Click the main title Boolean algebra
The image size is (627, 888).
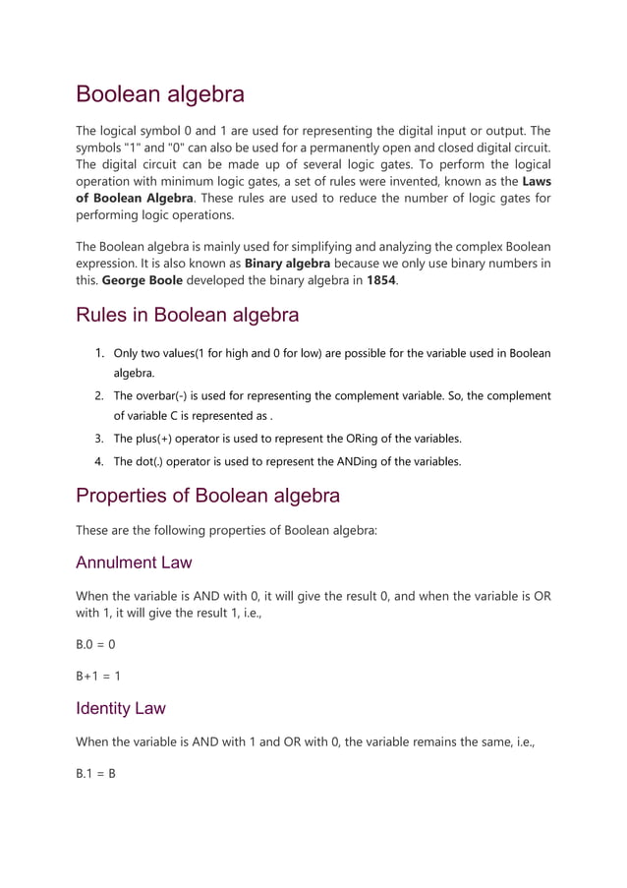click(x=160, y=95)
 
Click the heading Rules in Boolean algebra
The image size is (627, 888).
click(x=187, y=316)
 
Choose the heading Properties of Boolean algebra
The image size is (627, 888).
click(x=207, y=495)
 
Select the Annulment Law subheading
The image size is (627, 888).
click(x=134, y=562)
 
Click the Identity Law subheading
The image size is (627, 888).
click(x=121, y=707)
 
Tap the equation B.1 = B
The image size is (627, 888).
click(x=96, y=773)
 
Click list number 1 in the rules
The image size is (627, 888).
click(x=99, y=353)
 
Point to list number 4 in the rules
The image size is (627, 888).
click(x=99, y=460)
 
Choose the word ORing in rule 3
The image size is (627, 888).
click(x=345, y=439)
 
